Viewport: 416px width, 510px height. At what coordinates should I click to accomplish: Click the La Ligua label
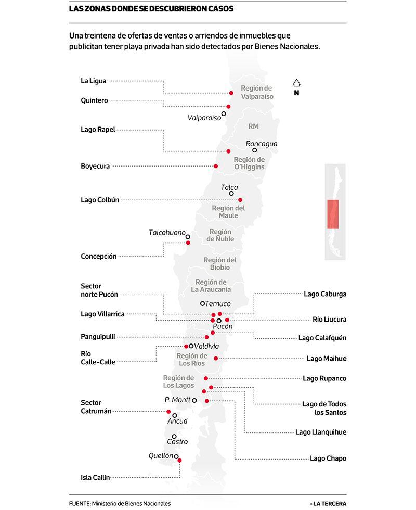coord(93,81)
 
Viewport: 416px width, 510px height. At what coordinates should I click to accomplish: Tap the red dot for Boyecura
coord(216,166)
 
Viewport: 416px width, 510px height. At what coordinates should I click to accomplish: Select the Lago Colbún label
coord(100,200)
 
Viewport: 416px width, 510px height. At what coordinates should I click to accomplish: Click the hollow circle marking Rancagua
coord(254,150)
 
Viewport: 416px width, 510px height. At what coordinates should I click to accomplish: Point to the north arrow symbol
coord(296,83)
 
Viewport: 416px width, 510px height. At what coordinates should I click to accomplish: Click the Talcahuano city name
coord(167,232)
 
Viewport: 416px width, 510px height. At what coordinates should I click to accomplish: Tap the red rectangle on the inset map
coord(333,214)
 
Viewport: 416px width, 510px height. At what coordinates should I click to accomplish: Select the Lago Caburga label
coord(325,294)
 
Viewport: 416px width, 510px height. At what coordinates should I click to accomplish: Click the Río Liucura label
coord(330,320)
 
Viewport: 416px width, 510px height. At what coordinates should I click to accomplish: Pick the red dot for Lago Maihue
coord(216,359)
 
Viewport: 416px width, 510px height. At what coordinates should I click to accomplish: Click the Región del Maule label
coord(228,212)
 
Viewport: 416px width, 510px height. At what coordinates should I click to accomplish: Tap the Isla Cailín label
coord(95,478)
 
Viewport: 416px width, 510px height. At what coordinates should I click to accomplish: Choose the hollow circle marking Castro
coord(174,437)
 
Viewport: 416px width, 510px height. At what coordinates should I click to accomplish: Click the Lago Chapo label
coord(328,458)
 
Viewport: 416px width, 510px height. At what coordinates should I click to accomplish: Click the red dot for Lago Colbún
coord(240,200)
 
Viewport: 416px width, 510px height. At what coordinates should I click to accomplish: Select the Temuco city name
coord(218,304)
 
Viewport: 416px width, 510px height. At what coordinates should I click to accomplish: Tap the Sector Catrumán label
coord(96,407)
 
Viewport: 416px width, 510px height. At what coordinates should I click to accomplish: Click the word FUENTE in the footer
coord(80,504)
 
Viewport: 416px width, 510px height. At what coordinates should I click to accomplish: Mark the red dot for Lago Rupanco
coord(206,378)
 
